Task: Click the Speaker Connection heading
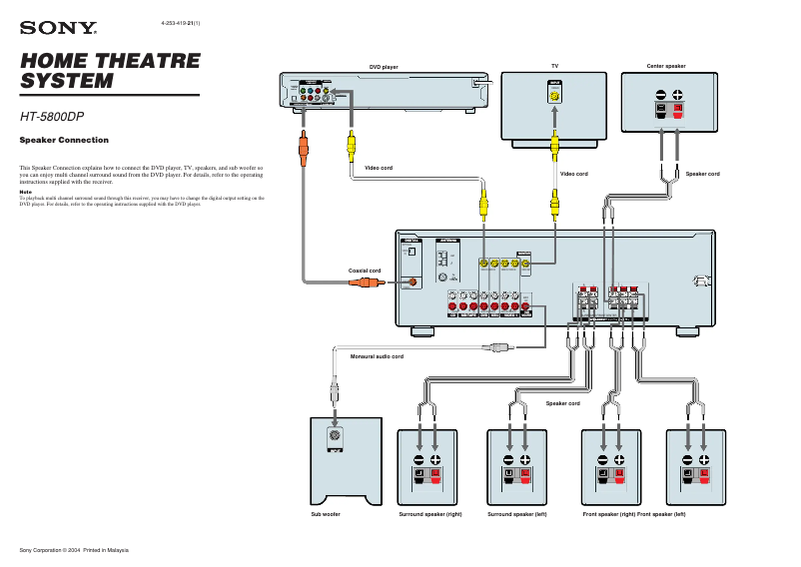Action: [64, 140]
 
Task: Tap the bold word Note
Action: [26, 193]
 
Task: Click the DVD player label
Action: [385, 66]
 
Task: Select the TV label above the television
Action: [554, 66]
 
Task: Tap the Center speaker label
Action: [666, 66]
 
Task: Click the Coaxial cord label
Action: [364, 271]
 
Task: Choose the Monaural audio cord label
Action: [377, 356]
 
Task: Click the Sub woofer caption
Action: [326, 514]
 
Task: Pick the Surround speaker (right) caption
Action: [430, 514]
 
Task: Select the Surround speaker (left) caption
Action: [516, 514]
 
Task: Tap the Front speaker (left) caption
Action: [661, 514]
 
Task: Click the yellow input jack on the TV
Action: [554, 97]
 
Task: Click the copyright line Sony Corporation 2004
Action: [75, 550]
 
